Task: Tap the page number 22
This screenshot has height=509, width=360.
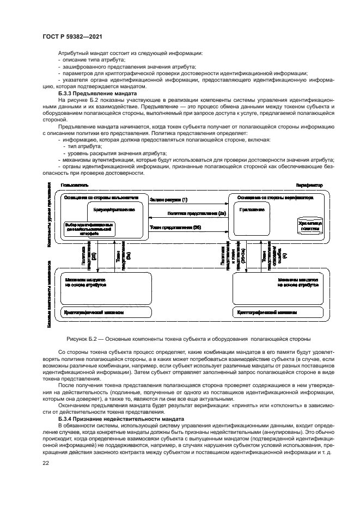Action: [46, 463]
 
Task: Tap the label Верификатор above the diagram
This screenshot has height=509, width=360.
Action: [309, 186]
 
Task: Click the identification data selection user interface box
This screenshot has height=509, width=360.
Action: [89, 228]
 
